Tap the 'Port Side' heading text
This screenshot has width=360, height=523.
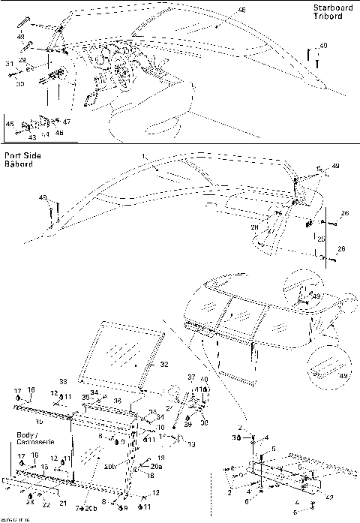click(x=22, y=155)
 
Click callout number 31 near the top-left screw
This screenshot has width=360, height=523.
click(x=10, y=65)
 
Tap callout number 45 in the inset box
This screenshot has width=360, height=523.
click(x=10, y=122)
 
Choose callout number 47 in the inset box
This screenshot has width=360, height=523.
click(x=67, y=122)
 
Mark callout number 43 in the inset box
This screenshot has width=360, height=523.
click(x=31, y=137)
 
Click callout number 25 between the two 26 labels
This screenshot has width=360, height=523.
click(x=322, y=238)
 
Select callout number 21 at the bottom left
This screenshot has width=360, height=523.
click(x=63, y=503)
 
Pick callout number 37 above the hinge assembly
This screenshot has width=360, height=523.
click(x=190, y=376)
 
